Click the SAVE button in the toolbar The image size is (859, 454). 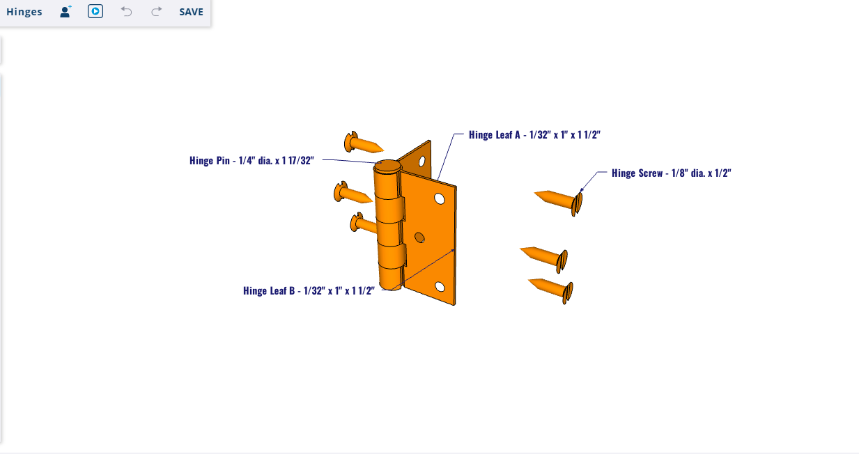click(191, 12)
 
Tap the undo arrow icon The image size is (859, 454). click(126, 12)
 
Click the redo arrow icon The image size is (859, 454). click(157, 12)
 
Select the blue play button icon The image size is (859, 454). click(95, 12)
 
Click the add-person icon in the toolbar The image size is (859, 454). click(65, 12)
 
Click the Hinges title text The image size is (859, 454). click(24, 12)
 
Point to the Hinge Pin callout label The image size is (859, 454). click(251, 160)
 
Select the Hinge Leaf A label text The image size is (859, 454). click(534, 134)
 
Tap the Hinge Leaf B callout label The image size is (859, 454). click(309, 290)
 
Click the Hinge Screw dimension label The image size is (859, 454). click(672, 173)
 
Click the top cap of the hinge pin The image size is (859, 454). click(388, 167)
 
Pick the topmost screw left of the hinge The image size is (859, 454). click(363, 142)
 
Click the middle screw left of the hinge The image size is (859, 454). click(353, 192)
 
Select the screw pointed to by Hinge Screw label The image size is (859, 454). click(559, 202)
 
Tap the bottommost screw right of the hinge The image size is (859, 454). click(552, 290)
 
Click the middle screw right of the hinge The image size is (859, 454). click(545, 259)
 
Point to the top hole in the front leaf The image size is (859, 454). click(440, 198)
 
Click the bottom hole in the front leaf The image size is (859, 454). click(440, 287)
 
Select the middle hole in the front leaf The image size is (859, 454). click(419, 237)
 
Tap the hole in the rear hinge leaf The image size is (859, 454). click(421, 162)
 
